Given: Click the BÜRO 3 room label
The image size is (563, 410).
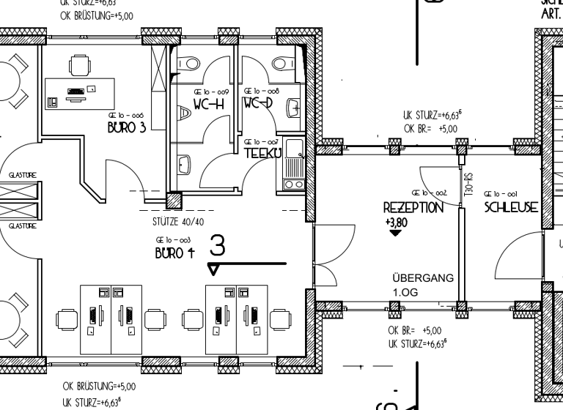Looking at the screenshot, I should (127, 127).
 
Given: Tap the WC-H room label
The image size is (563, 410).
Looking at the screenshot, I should (207, 104).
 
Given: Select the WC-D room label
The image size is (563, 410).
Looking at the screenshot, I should (257, 103).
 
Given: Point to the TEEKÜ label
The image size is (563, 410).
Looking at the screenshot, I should (260, 152).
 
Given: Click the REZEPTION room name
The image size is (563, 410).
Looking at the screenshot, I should (413, 208).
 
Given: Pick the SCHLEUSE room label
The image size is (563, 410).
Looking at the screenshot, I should (511, 208).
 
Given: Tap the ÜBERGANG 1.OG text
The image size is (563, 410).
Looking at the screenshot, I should (423, 285).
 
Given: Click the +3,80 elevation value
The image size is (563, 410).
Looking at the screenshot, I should (395, 221).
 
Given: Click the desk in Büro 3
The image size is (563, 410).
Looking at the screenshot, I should (75, 94).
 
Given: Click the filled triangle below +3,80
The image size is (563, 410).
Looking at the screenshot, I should (396, 233).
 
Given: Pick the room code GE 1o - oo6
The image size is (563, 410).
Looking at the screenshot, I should (125, 116).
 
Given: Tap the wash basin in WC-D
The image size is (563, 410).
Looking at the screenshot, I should (293, 108).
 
